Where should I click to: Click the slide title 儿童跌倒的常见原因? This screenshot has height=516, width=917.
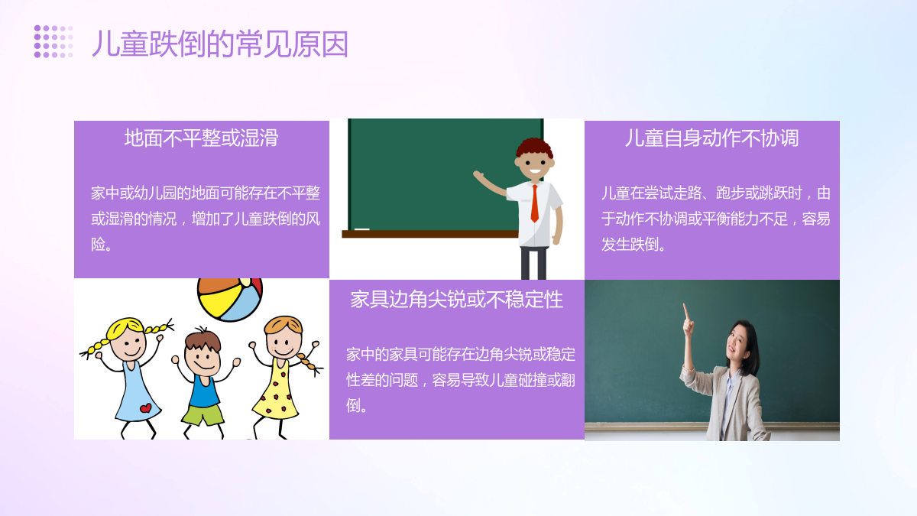coord(220,44)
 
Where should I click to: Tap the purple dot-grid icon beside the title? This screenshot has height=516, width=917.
coord(53,41)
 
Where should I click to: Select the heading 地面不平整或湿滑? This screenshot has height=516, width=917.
coord(202,138)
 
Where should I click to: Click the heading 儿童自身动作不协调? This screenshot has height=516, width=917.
coord(712,138)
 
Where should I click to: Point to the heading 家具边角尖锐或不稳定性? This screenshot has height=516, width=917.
coord(456,299)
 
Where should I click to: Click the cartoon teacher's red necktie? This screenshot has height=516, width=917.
coord(535,203)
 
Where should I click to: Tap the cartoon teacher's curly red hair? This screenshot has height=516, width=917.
coord(534,148)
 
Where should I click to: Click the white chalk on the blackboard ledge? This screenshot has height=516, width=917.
coord(362,229)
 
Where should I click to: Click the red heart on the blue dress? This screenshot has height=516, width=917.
coord(145,408)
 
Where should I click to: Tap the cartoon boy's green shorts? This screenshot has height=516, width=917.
coord(203,415)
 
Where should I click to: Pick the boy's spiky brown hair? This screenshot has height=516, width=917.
coord(203,340)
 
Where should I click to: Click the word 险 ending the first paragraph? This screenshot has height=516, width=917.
coord(99,245)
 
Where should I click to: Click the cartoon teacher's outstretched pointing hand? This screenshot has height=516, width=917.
coord(478,175)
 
